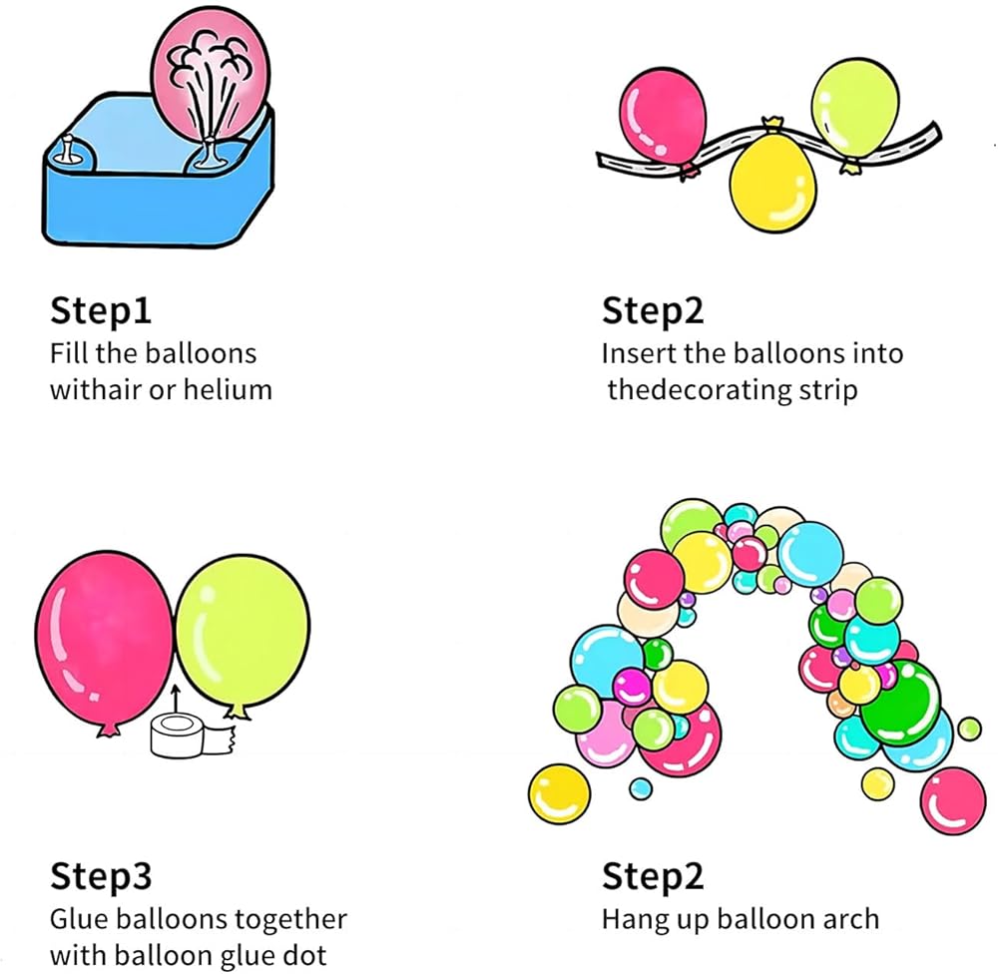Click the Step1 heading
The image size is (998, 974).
click(x=101, y=311)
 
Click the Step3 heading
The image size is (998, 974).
click(x=101, y=877)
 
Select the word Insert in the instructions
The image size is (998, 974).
click(x=640, y=353)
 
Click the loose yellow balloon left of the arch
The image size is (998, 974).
click(x=560, y=794)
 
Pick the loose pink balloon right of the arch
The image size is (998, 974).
click(x=952, y=799)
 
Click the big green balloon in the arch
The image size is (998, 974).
click(x=900, y=703)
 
